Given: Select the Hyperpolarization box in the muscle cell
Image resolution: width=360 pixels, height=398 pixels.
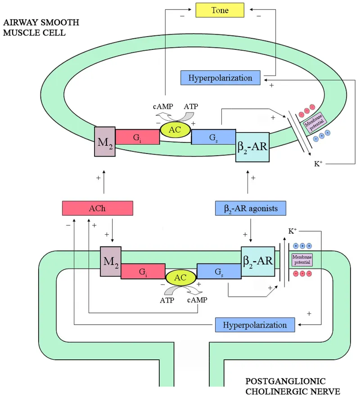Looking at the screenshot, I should click(x=220, y=78).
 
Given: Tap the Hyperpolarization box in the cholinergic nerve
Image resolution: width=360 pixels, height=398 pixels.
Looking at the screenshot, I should click(x=255, y=325).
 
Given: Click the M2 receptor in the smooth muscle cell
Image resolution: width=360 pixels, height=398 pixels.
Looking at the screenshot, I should click(x=104, y=141).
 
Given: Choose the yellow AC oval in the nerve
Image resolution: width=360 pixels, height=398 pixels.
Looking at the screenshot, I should click(x=180, y=278).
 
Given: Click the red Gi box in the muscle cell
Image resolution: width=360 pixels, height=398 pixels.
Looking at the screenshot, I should click(x=137, y=137).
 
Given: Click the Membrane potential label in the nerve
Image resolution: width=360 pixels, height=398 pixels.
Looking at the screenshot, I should click(x=302, y=259).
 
